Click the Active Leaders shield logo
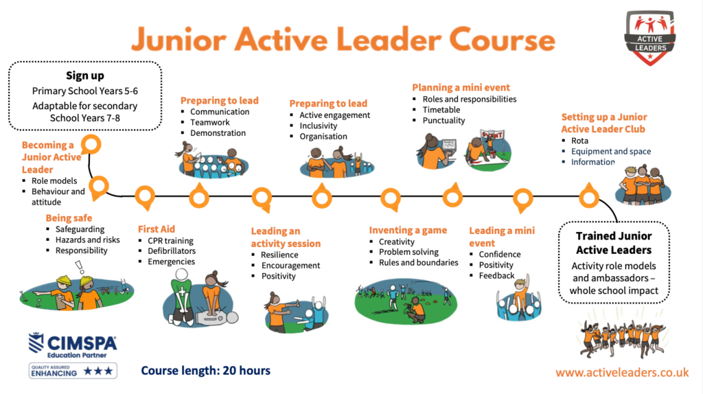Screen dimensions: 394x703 (649, 38)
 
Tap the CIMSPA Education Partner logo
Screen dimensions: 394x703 (72, 345)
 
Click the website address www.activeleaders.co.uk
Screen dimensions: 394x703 (622, 372)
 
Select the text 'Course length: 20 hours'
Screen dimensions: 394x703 (205, 371)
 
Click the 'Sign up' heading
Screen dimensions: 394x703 (85, 76)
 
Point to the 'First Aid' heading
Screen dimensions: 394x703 (156, 229)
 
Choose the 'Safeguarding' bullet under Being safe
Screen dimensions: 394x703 (80, 229)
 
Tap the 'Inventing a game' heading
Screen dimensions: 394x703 (408, 230)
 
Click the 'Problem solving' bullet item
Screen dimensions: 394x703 (408, 252)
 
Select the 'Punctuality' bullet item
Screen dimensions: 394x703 (443, 120)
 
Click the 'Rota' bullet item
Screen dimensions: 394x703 (579, 141)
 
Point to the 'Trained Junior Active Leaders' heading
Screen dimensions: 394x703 (613, 243)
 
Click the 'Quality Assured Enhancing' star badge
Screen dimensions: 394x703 (72, 371)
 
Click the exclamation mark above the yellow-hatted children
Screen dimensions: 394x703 (78, 266)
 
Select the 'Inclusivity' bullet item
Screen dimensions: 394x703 (319, 126)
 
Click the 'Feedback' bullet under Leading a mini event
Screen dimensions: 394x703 (496, 275)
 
